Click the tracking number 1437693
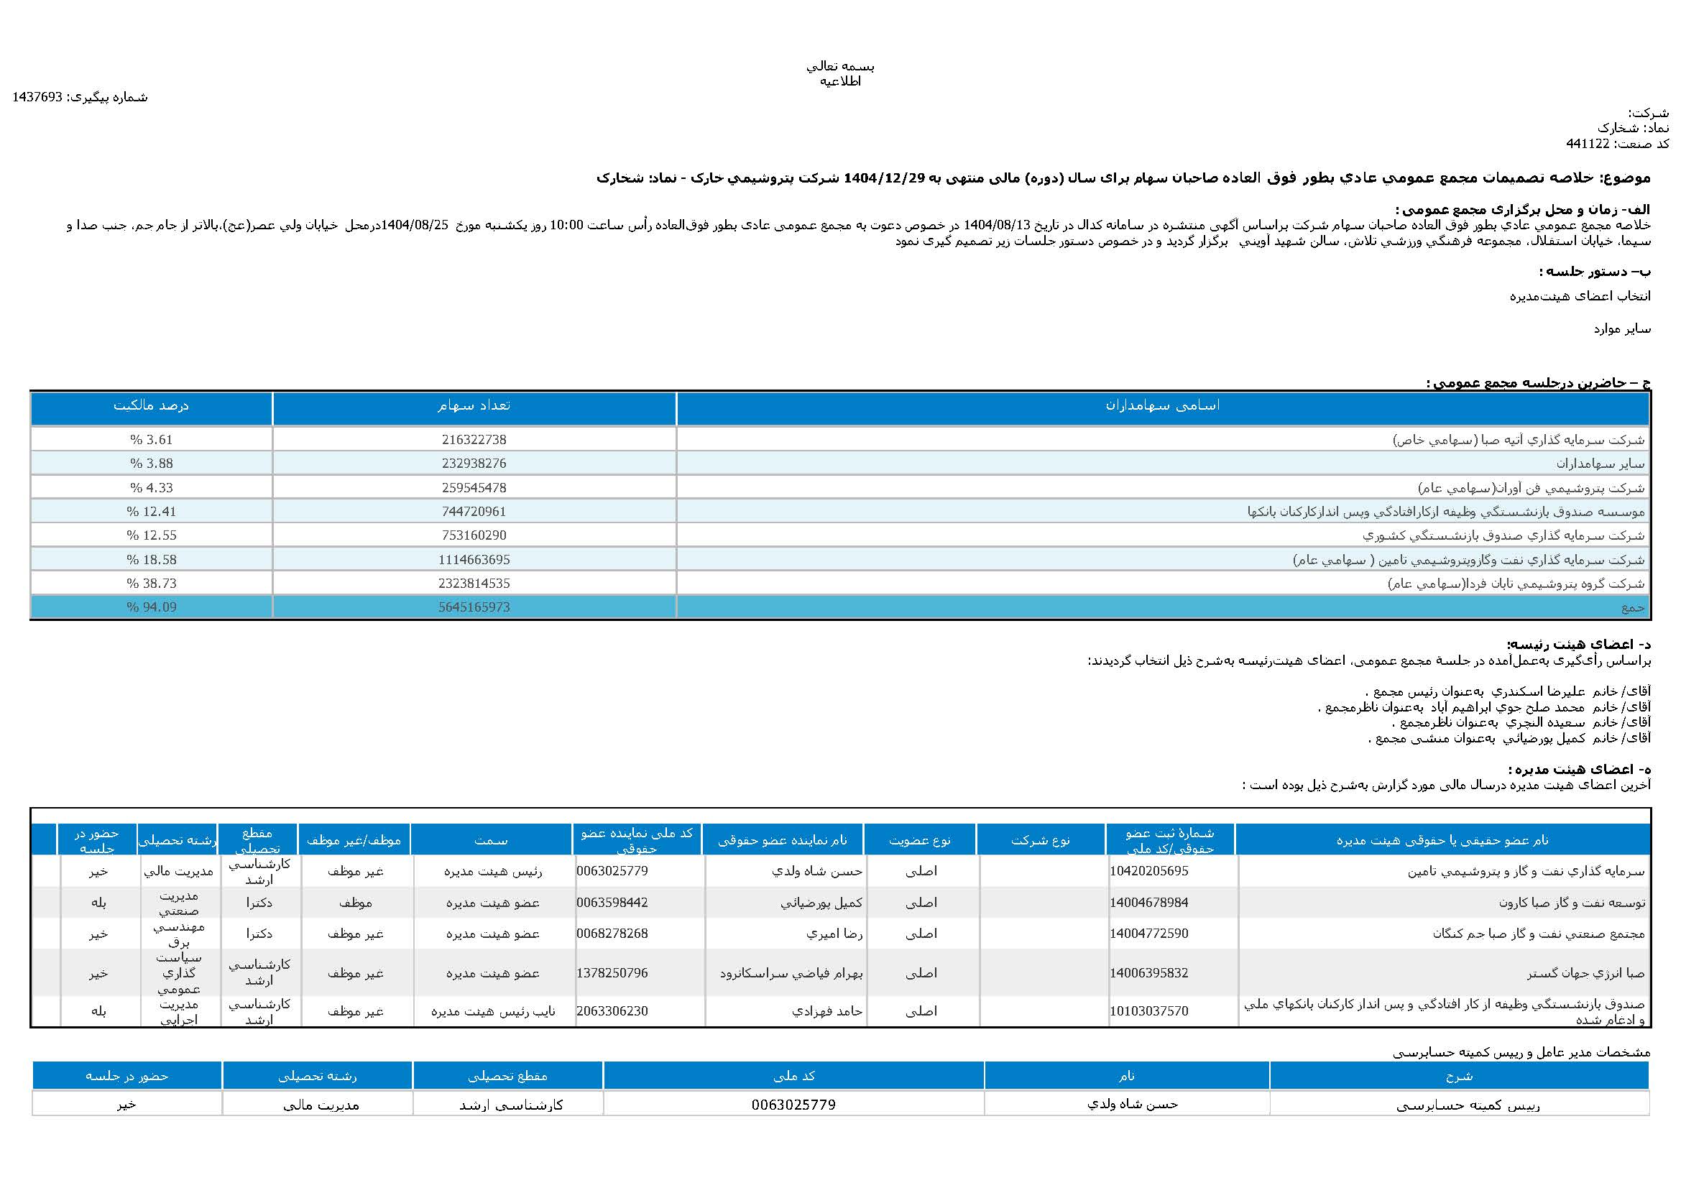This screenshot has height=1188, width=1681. (37, 97)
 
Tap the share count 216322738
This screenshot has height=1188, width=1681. (474, 440)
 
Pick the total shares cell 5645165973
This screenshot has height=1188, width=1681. (474, 607)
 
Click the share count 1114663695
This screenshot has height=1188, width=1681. (474, 560)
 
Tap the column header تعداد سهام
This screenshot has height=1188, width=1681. (474, 405)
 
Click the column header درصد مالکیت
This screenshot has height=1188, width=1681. (151, 405)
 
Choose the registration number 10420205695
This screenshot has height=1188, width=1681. (1148, 871)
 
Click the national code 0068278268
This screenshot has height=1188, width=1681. (612, 934)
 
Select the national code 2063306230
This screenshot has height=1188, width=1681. (612, 1011)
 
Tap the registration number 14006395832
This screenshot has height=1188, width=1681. (1148, 973)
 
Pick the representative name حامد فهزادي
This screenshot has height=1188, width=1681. (827, 1011)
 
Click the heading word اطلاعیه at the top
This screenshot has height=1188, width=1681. (841, 81)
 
